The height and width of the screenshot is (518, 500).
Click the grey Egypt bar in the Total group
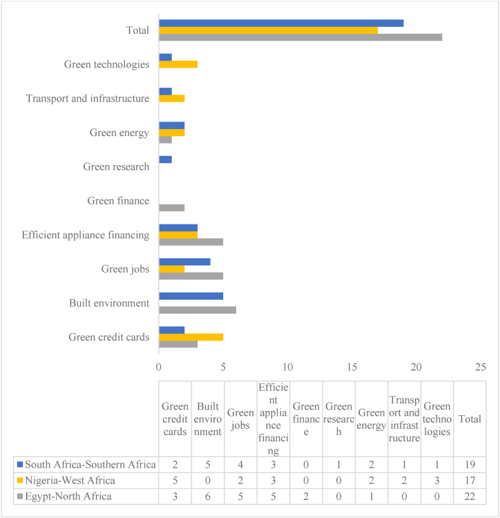click(x=300, y=37)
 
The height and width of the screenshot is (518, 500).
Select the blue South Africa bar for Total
click(x=281, y=23)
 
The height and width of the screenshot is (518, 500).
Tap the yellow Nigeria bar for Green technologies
click(x=178, y=64)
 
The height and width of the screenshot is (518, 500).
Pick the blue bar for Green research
click(x=165, y=160)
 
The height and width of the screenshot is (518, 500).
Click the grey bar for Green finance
click(x=171, y=208)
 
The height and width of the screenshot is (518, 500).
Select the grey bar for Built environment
click(x=198, y=310)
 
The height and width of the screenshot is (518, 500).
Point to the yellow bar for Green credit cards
click(x=191, y=337)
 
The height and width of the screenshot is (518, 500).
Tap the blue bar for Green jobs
click(x=184, y=262)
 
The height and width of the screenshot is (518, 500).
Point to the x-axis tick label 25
click(x=481, y=366)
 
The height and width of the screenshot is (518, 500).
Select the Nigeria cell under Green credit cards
click(x=175, y=480)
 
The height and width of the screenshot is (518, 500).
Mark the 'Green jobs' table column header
click(x=241, y=419)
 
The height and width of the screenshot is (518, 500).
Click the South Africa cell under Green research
click(x=339, y=463)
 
